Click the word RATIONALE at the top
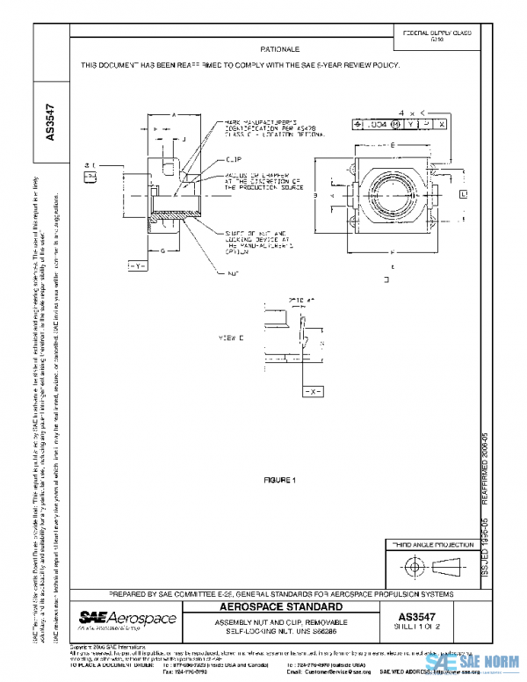[x=280, y=49]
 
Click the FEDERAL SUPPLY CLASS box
[x=437, y=35]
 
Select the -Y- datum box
[x=137, y=265]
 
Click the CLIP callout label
[x=234, y=160]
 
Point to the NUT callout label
[x=233, y=273]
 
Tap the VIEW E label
[x=230, y=337]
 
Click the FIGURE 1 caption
[x=282, y=480]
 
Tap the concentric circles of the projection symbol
[x=411, y=566]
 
